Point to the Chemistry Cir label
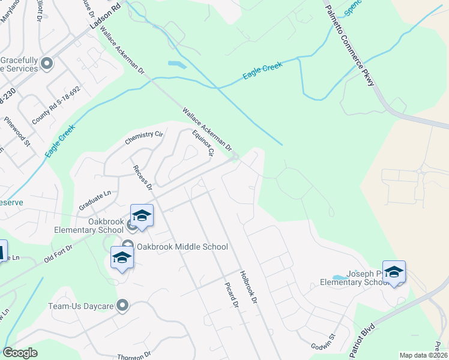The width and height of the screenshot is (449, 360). pos(144,137)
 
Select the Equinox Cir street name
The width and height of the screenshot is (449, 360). pos(202,143)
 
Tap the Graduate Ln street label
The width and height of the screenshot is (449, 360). pos(95,200)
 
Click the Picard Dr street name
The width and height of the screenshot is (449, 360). pos(231,296)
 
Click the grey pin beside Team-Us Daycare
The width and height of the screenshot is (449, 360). pos(123,306)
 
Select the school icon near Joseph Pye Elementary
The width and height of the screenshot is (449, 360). pos(394,272)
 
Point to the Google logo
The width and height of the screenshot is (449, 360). pos(20,353)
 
